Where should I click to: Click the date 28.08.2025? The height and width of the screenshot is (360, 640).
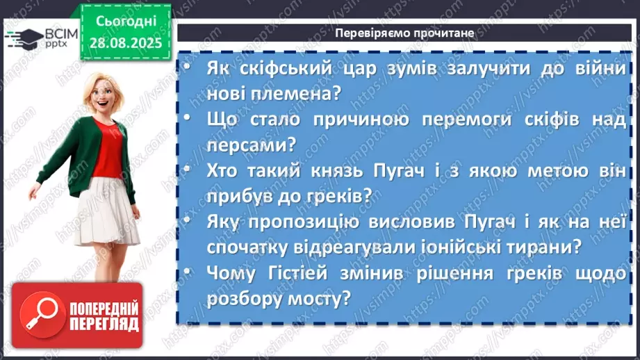point(125,42)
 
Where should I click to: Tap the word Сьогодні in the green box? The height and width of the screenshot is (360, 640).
point(125,21)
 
